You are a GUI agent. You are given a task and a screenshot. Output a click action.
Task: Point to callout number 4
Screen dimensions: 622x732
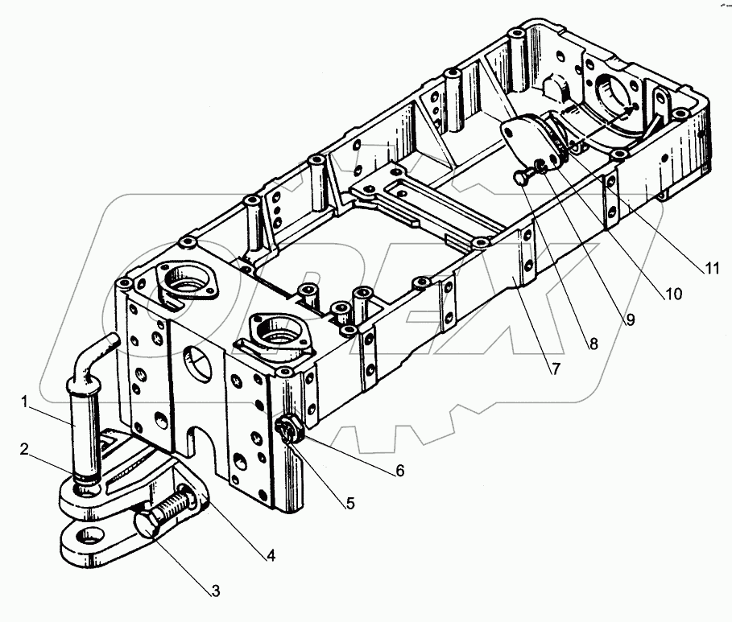coord(271,556)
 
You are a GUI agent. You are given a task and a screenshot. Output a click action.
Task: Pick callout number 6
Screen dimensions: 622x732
coord(399,471)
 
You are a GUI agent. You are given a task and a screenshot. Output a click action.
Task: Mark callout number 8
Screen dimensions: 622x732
coord(593,343)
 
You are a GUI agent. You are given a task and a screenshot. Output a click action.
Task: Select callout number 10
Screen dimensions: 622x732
coord(672,295)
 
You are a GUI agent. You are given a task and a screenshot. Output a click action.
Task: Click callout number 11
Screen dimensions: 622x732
coord(709,269)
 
